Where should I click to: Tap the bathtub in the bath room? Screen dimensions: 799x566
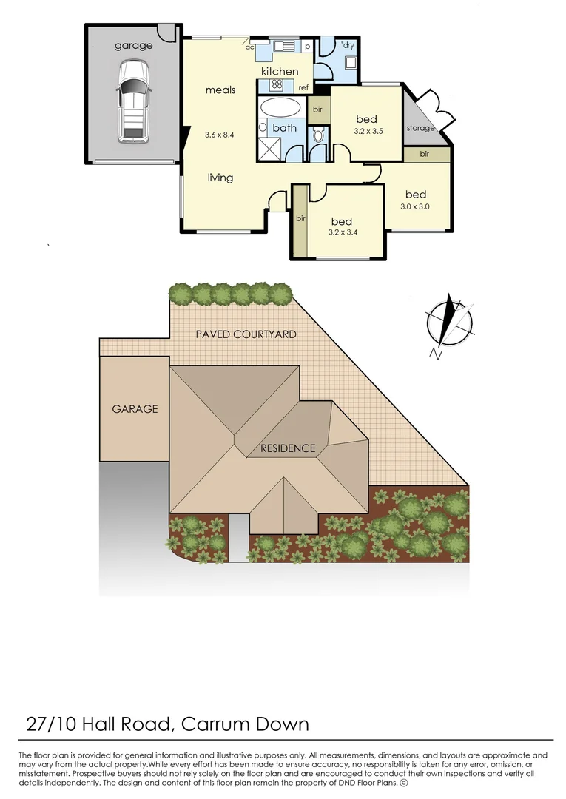coord(281,107)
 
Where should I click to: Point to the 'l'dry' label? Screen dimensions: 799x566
coord(346,45)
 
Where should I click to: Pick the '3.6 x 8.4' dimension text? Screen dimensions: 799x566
coord(220,135)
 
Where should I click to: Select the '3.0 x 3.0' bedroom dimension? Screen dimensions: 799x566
coord(415,207)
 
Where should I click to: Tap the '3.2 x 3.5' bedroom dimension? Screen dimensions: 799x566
coord(366,132)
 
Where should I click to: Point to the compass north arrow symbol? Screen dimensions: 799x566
coord(448,320)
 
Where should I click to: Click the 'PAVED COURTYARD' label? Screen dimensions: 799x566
coord(246,334)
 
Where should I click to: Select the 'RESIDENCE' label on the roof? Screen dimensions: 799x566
coord(287,448)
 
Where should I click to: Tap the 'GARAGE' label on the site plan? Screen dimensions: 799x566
coord(135,408)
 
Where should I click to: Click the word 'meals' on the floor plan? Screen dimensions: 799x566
coord(220,90)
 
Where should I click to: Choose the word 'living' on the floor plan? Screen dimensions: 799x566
coord(220,178)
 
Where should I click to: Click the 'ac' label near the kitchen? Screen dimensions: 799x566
coord(250,47)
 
